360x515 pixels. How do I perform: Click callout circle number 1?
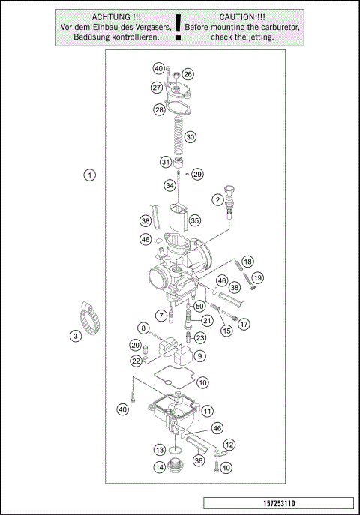(x=89, y=175)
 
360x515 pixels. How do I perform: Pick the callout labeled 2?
(x=217, y=199)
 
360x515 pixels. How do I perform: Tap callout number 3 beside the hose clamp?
(x=76, y=337)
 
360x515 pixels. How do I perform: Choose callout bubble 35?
(x=194, y=220)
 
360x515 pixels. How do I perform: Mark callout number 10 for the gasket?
(x=202, y=382)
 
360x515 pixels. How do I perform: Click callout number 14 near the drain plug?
(x=160, y=467)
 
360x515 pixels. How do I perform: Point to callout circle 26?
(x=187, y=74)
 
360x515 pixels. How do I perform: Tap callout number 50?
(x=199, y=306)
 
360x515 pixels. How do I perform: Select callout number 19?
(x=257, y=278)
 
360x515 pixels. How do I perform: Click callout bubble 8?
(x=142, y=328)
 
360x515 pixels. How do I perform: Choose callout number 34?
(x=170, y=186)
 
